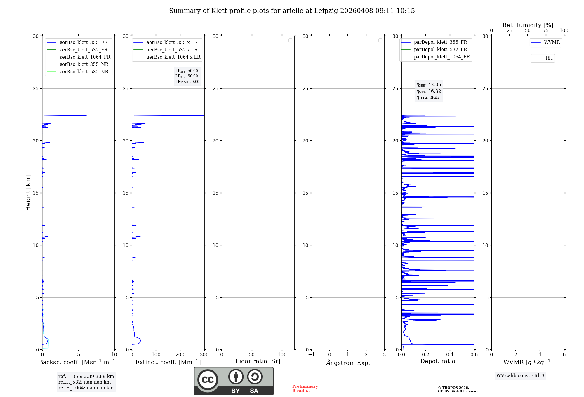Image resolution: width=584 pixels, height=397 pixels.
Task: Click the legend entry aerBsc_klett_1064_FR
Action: coord(85,57)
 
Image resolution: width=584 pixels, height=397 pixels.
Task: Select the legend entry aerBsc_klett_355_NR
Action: coord(84,65)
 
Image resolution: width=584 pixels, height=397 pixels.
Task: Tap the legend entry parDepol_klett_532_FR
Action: coord(440,50)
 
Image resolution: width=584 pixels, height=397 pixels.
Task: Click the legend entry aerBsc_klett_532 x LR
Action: coord(172,50)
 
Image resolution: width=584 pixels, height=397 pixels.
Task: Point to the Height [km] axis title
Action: coord(28,193)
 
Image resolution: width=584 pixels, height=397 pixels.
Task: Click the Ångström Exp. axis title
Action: coord(348,363)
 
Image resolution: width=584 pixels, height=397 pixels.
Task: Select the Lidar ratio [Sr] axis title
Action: coord(258,361)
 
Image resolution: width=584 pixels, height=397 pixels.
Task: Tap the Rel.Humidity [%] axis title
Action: coord(528,25)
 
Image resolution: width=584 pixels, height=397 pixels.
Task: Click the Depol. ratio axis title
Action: coord(437,361)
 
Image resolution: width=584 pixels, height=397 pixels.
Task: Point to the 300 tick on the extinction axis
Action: coord(204,355)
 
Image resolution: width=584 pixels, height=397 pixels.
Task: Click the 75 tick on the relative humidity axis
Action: coord(546,31)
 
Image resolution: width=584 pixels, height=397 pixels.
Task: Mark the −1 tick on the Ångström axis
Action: coord(311,355)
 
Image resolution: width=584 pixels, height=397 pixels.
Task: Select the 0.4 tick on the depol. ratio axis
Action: coord(450,355)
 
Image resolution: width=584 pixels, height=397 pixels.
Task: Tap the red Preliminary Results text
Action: coord(305,389)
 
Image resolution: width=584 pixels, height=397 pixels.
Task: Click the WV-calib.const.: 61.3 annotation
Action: coord(520,376)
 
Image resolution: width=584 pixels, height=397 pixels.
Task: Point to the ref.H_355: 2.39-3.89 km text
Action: coord(86,377)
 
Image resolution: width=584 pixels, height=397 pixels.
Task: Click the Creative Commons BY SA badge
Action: coord(234,381)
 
